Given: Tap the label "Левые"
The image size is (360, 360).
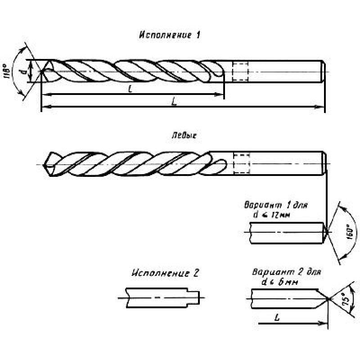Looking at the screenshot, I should coord(184,135).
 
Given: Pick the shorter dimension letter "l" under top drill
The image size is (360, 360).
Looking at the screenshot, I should coord(130,90).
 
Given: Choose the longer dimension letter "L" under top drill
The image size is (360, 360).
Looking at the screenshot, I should coord(174,102).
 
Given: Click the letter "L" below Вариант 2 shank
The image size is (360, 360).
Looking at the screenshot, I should coord(275,317).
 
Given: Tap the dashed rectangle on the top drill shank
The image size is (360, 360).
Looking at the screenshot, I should coord(240,72).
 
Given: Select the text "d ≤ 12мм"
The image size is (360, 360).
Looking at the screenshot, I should coord(270,215).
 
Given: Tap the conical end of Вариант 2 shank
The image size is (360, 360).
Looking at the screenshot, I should coord(325,299).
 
